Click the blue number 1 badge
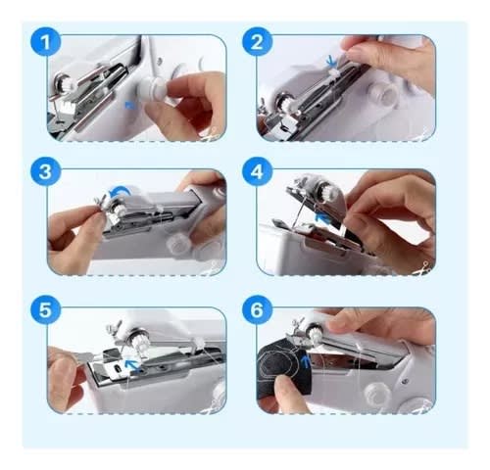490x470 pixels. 46,42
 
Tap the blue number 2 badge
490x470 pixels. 257,42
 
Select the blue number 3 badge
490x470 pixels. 46,171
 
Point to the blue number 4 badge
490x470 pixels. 257,171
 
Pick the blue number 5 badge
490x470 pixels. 46,309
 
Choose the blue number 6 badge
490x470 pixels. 257,309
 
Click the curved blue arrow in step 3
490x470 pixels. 120,190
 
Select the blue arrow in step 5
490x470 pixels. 133,365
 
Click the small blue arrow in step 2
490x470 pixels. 331,61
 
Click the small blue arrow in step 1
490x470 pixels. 129,105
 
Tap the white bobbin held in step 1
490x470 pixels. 152,88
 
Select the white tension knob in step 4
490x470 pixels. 327,190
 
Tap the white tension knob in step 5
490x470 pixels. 139,342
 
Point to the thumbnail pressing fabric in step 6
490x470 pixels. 282,381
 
